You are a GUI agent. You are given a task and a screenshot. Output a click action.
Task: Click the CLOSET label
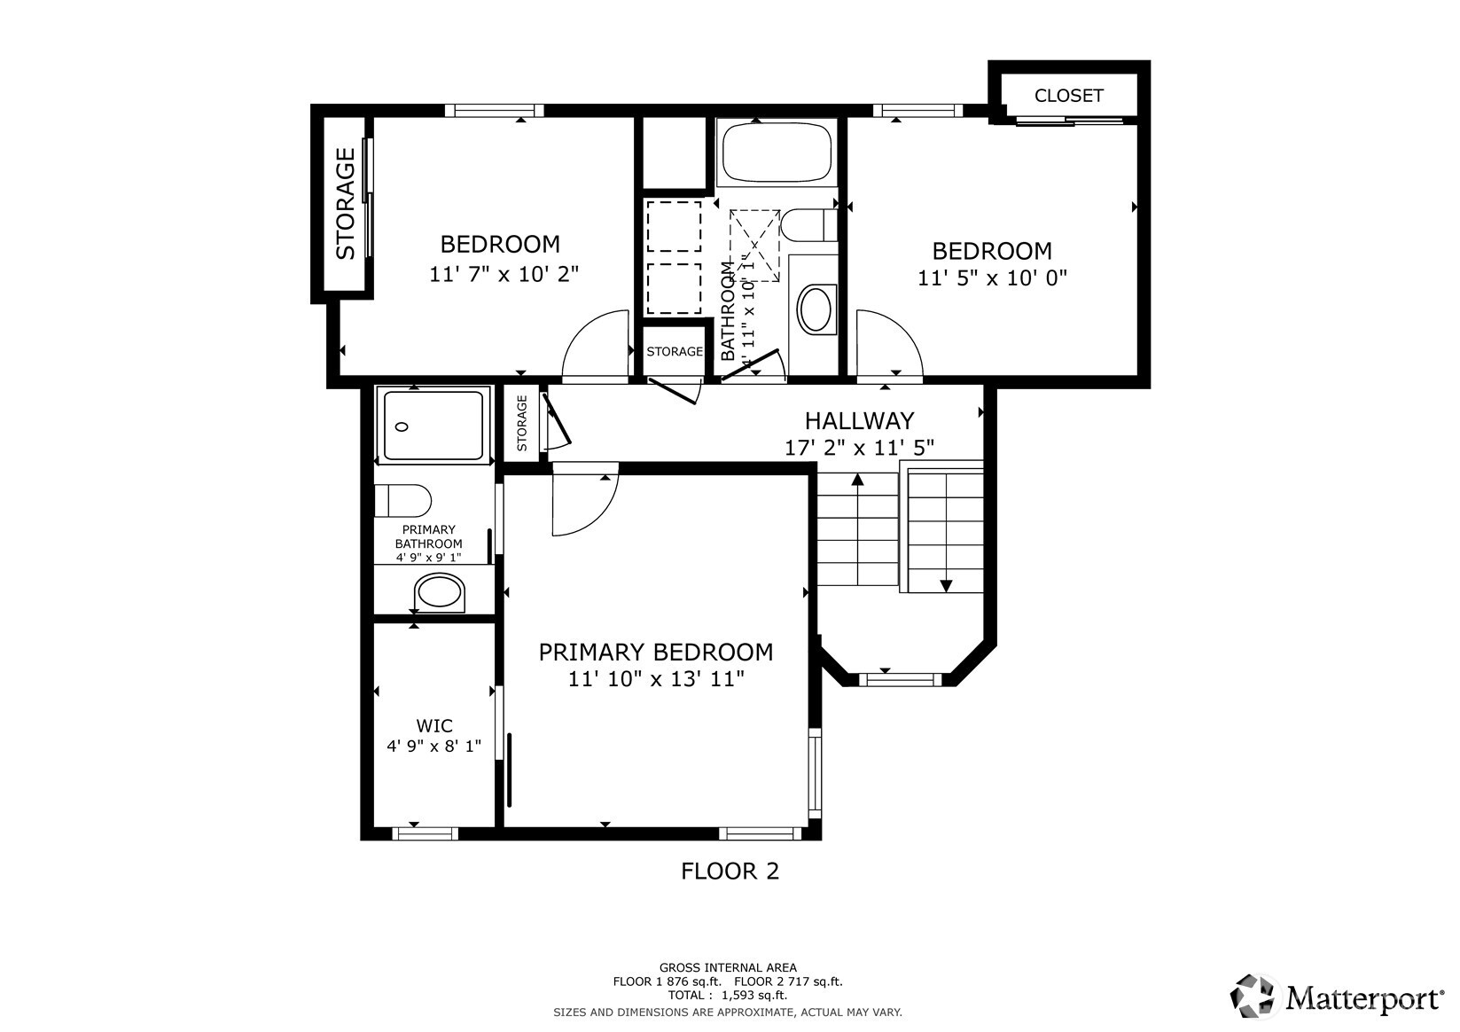[1068, 96]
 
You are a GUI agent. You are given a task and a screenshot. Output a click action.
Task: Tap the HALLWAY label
[859, 421]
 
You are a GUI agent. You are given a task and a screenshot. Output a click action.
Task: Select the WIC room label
[434, 725]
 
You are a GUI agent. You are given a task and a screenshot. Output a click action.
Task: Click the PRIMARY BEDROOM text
[656, 652]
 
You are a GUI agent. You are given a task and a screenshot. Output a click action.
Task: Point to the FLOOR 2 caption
[730, 871]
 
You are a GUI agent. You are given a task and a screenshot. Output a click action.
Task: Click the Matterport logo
[1337, 997]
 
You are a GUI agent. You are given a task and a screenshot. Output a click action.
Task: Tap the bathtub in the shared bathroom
[777, 152]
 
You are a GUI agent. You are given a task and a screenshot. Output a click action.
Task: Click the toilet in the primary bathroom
[402, 501]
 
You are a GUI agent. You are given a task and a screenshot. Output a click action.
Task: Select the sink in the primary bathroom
[440, 592]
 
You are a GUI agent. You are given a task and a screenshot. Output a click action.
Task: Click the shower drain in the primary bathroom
[402, 427]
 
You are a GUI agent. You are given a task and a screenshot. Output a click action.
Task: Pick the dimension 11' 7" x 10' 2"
[504, 274]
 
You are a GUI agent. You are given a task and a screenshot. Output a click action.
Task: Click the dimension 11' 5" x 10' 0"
[992, 278]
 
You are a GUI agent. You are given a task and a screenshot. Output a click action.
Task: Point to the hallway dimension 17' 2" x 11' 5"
[859, 448]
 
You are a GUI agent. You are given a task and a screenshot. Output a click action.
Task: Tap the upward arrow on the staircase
[858, 529]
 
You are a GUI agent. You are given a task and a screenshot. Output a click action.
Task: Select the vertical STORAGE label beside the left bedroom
[346, 203]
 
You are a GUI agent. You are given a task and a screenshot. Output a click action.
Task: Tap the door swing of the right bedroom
[901, 330]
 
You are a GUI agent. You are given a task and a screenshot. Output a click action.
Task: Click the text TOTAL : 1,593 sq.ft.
[728, 996]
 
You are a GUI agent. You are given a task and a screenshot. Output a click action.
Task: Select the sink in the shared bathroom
[816, 309]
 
